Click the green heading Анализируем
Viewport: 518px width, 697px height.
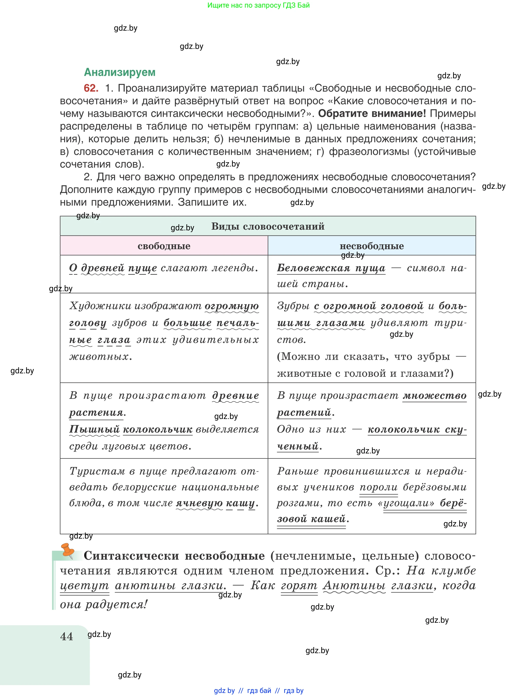coord(119,72)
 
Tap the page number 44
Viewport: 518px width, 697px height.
coord(66,636)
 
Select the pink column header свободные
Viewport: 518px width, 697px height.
coord(164,246)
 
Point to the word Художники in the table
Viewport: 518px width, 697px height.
coord(100,306)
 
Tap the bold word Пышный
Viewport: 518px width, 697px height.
coord(94,429)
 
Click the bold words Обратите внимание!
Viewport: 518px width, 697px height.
coord(372,114)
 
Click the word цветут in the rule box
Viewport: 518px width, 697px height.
coord(84,585)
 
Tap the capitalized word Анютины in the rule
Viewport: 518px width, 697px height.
coord(354,585)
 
